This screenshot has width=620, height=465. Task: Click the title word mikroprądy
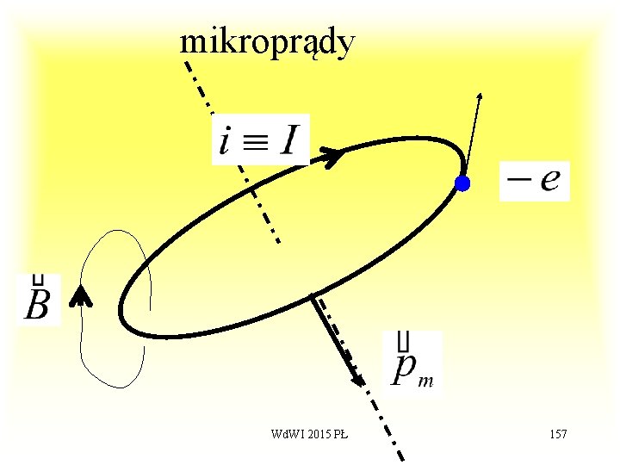(x=266, y=43)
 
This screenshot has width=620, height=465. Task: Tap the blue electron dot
(x=463, y=183)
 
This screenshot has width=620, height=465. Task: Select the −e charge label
(x=534, y=181)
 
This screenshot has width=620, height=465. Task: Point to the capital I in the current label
(x=288, y=139)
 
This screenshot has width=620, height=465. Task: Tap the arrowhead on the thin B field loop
(x=81, y=296)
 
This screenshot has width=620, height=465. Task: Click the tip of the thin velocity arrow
(x=480, y=92)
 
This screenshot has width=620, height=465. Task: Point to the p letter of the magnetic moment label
(x=402, y=369)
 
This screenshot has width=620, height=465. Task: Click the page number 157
(x=557, y=434)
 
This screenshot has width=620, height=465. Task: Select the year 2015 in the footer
(x=315, y=434)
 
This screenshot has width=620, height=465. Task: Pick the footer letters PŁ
(x=340, y=434)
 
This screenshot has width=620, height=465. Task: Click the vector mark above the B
(x=38, y=281)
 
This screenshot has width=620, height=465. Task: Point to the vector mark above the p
(x=402, y=341)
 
